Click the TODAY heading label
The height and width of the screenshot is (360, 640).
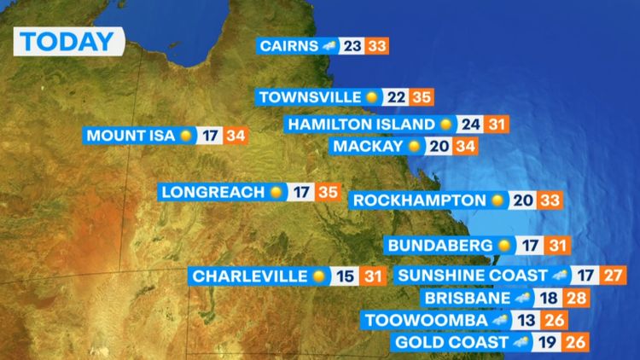pos(67,41)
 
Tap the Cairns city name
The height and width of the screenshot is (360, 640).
pos(289,46)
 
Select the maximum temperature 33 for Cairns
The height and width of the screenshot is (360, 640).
pos(376,46)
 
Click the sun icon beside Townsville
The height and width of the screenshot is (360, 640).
pos(371,97)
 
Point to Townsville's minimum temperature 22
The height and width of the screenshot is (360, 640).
pos(396,97)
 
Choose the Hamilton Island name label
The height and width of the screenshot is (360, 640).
pos(362,125)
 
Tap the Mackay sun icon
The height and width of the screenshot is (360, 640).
pos(415,147)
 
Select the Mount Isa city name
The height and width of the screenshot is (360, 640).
pos(131,136)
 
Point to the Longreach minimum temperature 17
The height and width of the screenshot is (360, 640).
pos(300,192)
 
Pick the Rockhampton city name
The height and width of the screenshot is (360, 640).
pos(419,200)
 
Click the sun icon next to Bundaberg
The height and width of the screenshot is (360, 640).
pos(504,246)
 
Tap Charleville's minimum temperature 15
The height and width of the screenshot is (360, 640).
pos(344,276)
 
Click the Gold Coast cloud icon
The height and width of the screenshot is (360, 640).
pos(519,343)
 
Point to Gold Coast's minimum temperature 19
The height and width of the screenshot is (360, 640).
pos(544,343)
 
